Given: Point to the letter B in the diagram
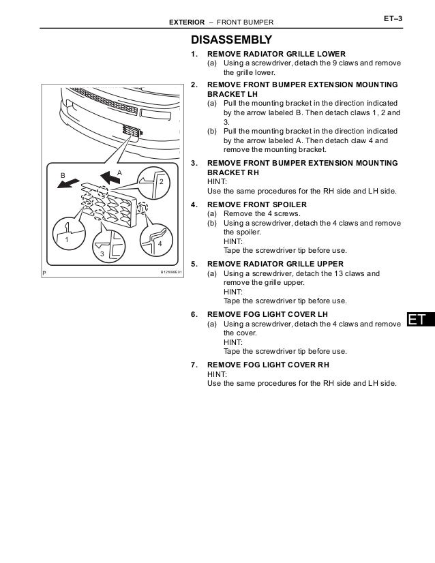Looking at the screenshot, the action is (x=63, y=175).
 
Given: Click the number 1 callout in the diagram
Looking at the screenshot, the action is (x=67, y=240).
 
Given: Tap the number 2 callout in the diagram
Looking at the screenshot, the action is (x=162, y=183).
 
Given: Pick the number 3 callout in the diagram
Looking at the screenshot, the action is (x=102, y=254).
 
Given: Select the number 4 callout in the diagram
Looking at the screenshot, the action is (x=159, y=243).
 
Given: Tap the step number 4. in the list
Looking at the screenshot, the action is (x=194, y=204).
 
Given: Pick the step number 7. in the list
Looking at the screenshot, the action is (x=194, y=365).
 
